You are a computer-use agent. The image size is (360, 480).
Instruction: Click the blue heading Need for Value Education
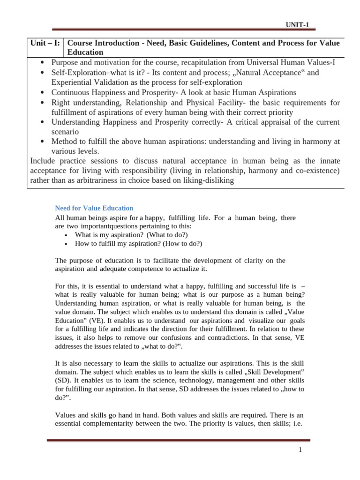point(94,208)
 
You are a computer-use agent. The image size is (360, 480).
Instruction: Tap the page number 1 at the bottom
point(300,450)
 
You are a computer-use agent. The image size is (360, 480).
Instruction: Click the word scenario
point(66,132)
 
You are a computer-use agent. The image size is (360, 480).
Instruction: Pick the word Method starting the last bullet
point(64,142)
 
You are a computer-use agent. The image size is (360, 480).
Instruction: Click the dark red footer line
point(178,441)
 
